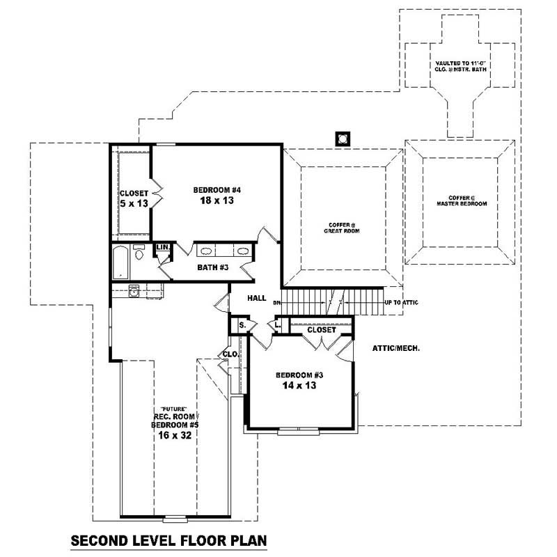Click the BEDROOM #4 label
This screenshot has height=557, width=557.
pyautogui.click(x=217, y=189)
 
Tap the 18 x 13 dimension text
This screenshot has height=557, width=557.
pyautogui.click(x=217, y=201)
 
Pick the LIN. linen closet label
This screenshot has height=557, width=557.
pyautogui.click(x=162, y=247)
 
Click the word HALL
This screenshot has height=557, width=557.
pyautogui.click(x=257, y=298)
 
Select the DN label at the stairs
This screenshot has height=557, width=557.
pyautogui.click(x=276, y=303)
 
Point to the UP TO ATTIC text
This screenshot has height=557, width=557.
pyautogui.click(x=402, y=303)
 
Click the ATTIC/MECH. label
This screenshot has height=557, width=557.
pyautogui.click(x=396, y=347)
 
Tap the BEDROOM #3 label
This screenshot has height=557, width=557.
pyautogui.click(x=300, y=375)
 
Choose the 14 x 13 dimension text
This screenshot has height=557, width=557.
pyautogui.click(x=300, y=385)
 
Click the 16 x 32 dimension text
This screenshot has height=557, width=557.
pyautogui.click(x=175, y=434)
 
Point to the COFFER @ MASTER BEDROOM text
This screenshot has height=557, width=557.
pyautogui.click(x=461, y=201)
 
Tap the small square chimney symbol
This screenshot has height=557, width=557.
pyautogui.click(x=342, y=139)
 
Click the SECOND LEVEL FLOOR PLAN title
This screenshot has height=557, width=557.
pyautogui.click(x=169, y=540)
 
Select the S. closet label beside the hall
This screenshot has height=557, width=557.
pyautogui.click(x=242, y=325)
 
